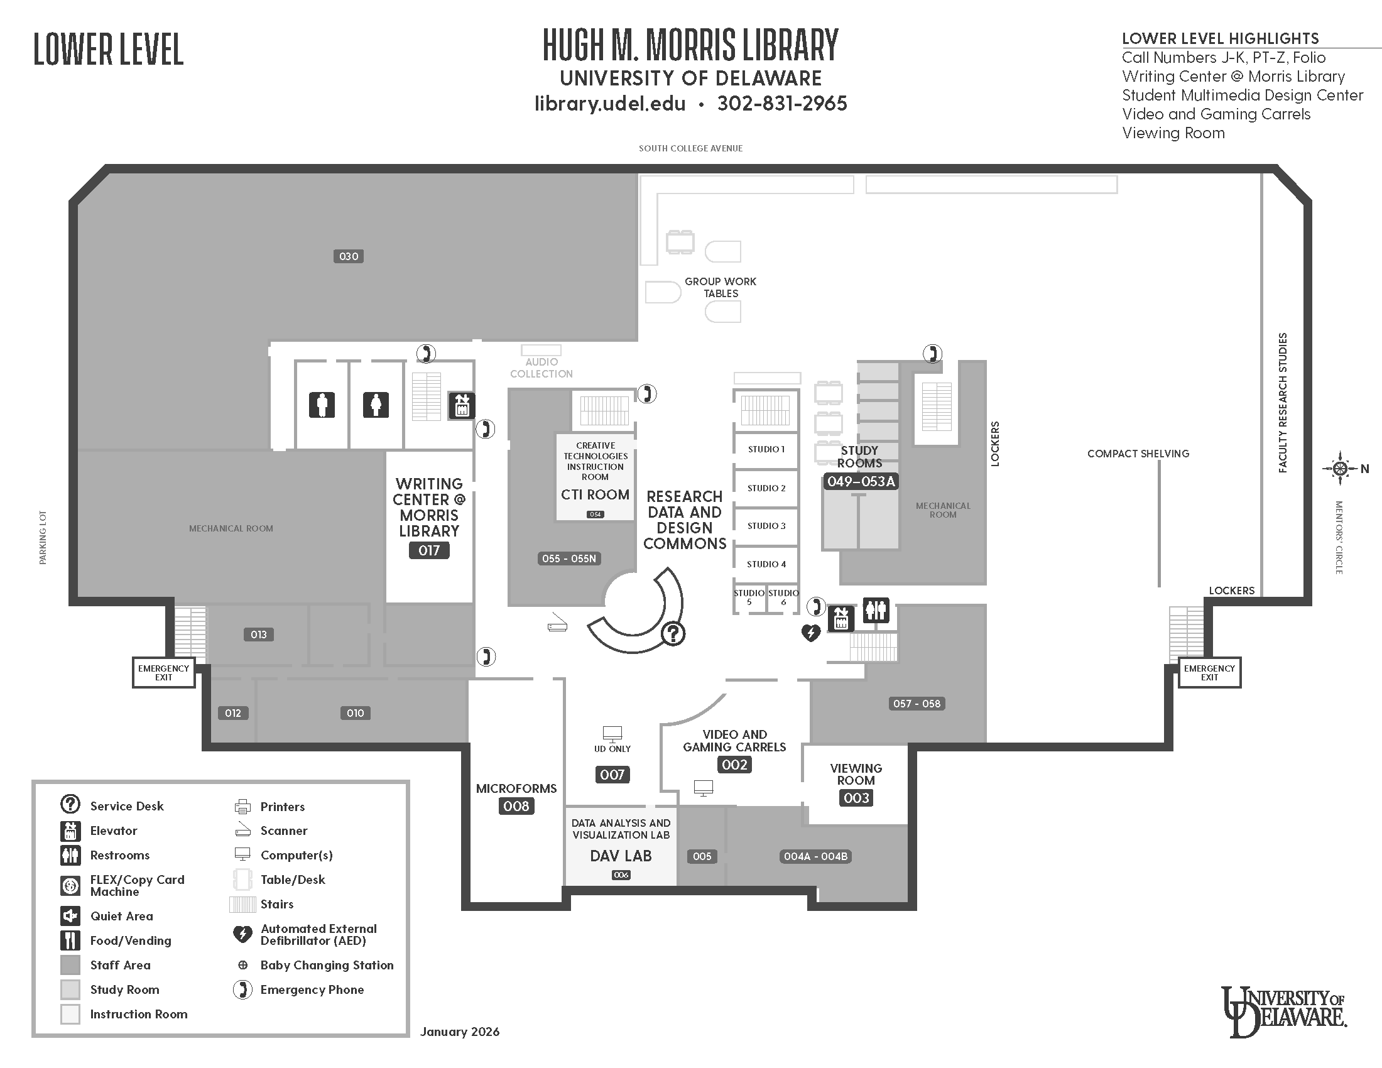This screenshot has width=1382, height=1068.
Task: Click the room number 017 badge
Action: (429, 550)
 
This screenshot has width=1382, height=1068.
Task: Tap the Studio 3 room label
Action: (766, 526)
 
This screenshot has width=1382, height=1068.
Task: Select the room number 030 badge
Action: (349, 256)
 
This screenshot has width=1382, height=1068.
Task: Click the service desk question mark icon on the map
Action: (673, 633)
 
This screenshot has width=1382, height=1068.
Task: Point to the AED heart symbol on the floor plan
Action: (810, 632)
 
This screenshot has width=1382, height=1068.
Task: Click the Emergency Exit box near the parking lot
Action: (164, 673)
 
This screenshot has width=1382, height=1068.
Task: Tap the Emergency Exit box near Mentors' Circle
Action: (1209, 673)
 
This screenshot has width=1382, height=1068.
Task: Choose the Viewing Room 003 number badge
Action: (856, 798)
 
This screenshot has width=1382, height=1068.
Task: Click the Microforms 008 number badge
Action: (516, 806)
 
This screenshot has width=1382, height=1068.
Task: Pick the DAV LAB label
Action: (621, 856)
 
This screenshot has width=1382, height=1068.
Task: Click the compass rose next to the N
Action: (1340, 469)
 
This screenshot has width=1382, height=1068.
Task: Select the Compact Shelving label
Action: (1138, 454)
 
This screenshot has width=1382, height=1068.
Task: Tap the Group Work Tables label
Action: (721, 287)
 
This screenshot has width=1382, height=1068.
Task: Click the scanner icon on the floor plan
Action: (557, 623)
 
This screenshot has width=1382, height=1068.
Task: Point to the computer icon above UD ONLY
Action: (612, 734)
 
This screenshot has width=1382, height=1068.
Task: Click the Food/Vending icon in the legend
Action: (70, 941)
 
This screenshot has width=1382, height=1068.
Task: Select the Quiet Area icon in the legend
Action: (70, 916)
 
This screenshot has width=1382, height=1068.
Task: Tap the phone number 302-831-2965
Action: (782, 103)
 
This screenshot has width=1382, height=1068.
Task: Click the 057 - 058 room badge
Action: (917, 704)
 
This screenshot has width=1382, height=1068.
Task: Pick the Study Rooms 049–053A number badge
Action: (861, 481)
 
